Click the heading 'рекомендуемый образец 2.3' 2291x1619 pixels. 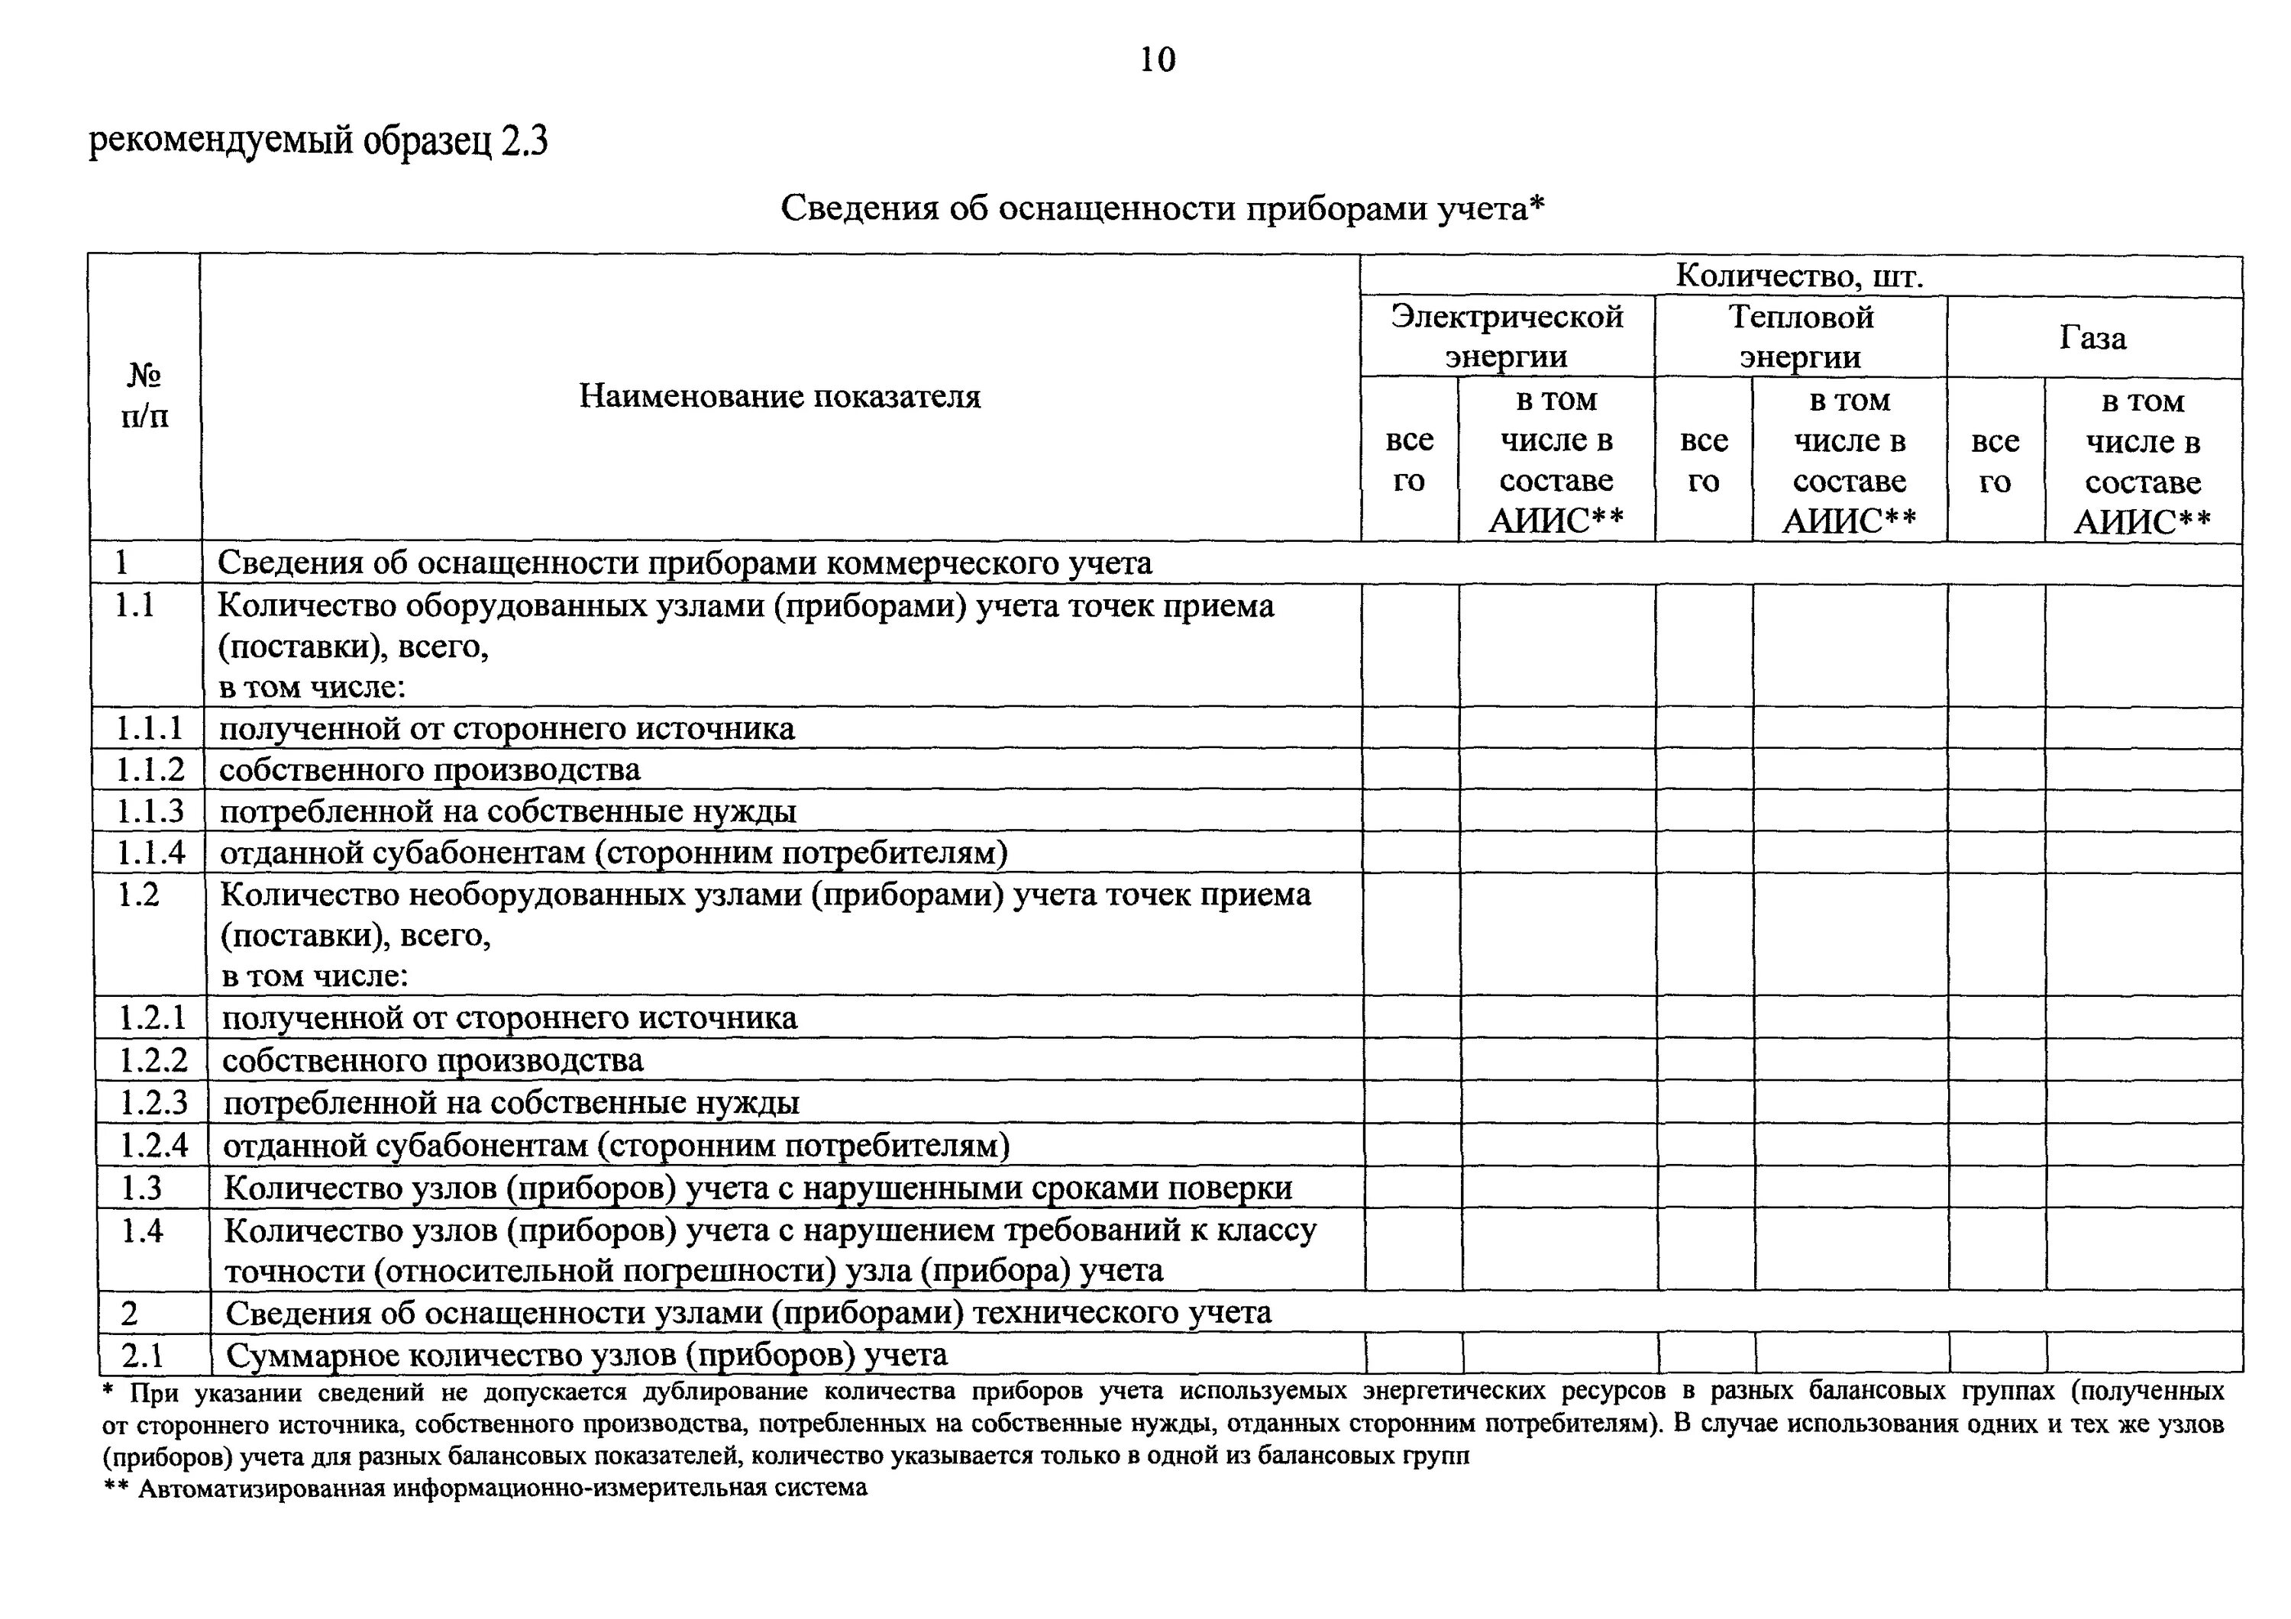(318, 143)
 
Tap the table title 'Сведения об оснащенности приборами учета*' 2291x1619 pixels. (1162, 208)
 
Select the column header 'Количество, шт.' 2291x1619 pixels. (1799, 276)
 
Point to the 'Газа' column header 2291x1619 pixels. (2092, 338)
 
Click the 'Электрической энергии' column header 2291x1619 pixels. (1507, 336)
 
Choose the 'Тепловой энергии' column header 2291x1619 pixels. (1800, 336)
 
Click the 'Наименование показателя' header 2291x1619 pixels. (779, 397)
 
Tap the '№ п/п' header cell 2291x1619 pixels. (144, 396)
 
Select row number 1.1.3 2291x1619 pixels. (150, 811)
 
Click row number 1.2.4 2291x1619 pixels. (153, 1144)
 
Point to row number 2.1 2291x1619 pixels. (143, 1356)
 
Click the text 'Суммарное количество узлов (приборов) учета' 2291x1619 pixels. (586, 1356)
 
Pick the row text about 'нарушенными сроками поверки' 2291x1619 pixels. (758, 1188)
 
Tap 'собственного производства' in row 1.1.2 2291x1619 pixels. (429, 770)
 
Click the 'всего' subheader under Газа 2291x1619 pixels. (1995, 461)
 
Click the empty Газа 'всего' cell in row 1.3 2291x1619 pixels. (1997, 1188)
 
